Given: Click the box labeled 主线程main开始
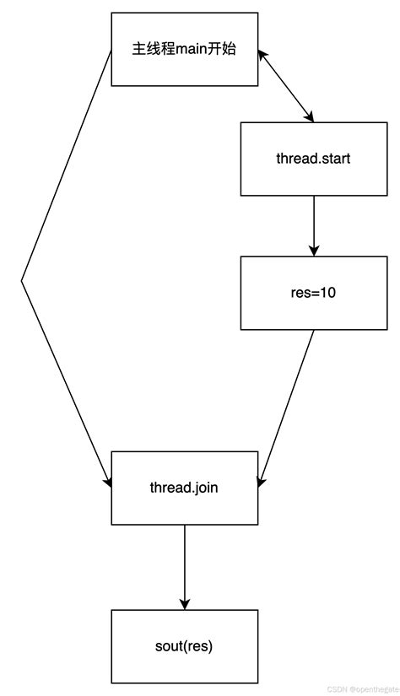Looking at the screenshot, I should tap(185, 49).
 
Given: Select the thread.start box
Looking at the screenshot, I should tap(313, 159).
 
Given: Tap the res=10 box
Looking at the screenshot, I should tap(313, 293).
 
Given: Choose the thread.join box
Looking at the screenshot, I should tap(184, 488).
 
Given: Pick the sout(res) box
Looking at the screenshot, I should tap(184, 646).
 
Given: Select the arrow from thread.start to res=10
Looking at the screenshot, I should tap(314, 224).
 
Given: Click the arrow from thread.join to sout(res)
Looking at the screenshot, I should tap(184, 565).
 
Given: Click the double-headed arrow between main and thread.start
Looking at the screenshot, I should tap(286, 85).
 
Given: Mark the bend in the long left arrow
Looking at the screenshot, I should tap(21, 280).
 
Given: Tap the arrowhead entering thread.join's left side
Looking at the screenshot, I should tap(107, 481).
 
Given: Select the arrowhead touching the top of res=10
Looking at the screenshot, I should tap(314, 250).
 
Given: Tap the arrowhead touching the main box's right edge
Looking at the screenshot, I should tap(263, 54).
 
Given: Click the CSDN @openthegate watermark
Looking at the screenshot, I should tap(363, 688).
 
